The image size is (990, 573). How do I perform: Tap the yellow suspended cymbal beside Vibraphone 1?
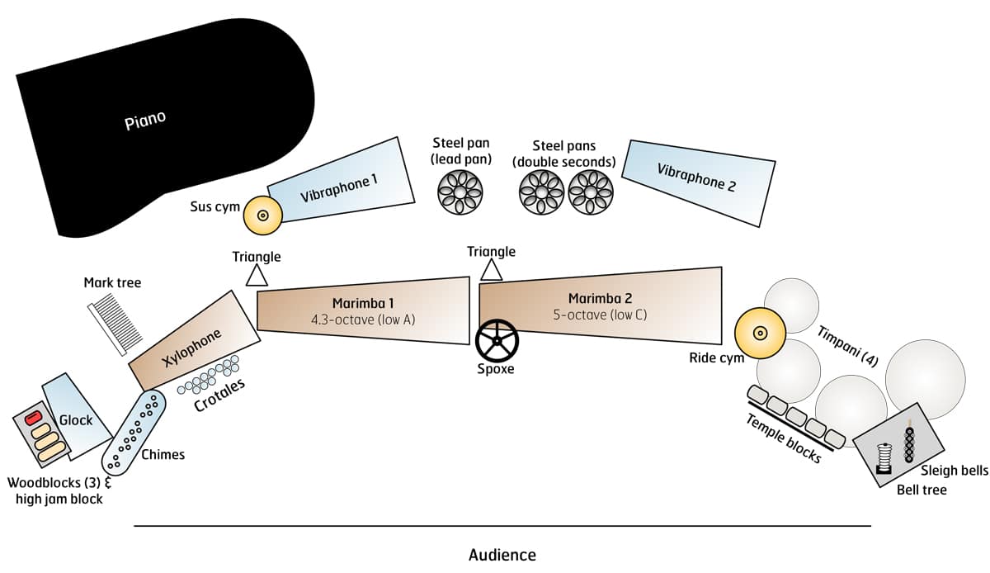point(263,215)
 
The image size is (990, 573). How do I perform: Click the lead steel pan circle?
point(460,192)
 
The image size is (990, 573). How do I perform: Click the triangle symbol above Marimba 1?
point(257,274)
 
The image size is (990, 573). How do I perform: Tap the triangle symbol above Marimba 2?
point(492,269)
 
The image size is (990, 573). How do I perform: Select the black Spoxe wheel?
point(497,340)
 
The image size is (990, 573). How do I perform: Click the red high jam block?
point(34,418)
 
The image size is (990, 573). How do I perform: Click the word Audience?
point(502,555)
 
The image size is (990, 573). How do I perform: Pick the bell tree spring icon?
point(884,457)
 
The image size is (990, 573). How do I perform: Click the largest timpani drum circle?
point(925,376)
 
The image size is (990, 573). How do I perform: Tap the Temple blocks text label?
point(784,438)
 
